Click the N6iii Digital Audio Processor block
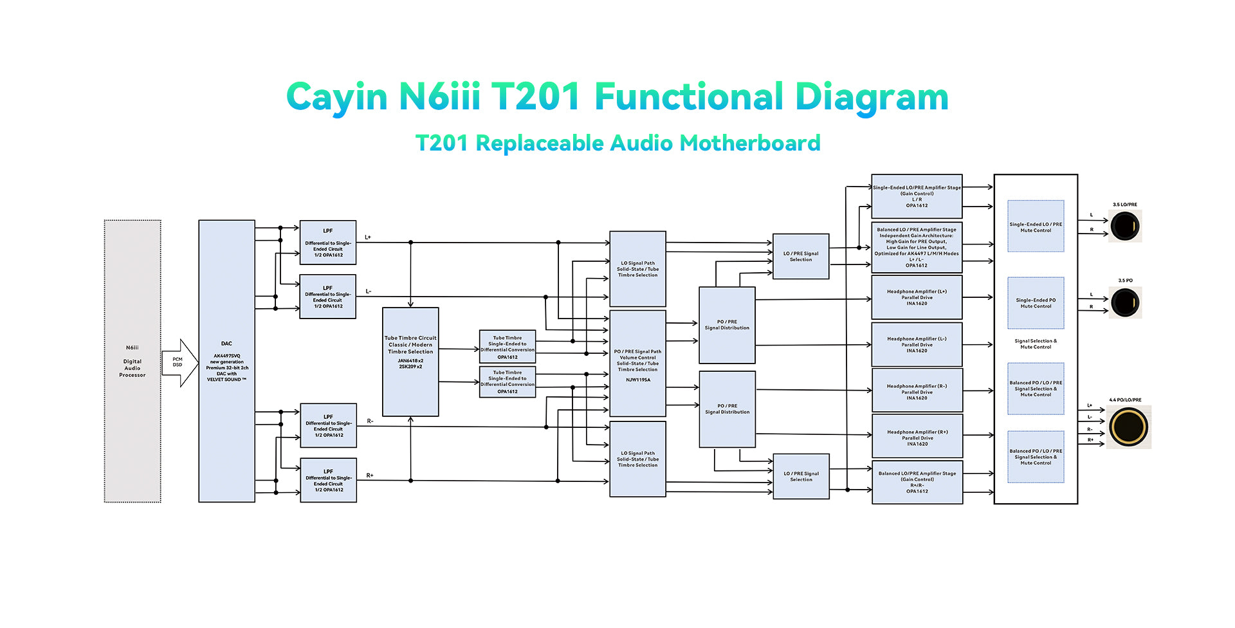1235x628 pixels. (x=133, y=361)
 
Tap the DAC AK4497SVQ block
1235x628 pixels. (x=226, y=361)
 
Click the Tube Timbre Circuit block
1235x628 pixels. (x=410, y=362)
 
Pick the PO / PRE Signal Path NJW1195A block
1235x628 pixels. (x=637, y=364)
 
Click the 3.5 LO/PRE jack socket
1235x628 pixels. (x=1125, y=226)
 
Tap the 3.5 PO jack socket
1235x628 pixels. (x=1125, y=302)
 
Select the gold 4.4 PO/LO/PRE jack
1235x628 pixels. (x=1128, y=427)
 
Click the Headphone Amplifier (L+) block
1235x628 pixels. (x=917, y=297)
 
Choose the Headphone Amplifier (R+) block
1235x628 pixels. (x=917, y=438)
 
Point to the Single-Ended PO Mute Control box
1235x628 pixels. (x=1036, y=303)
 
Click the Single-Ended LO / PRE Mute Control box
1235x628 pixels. (x=1036, y=226)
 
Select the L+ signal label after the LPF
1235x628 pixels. (x=368, y=237)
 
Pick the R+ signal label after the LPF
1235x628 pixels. (x=370, y=476)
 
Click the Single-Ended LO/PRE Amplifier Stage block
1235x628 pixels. (x=917, y=196)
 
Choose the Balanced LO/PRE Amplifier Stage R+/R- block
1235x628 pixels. (x=917, y=482)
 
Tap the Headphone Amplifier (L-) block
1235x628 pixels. (x=917, y=344)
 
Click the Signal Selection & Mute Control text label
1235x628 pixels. (x=1036, y=344)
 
